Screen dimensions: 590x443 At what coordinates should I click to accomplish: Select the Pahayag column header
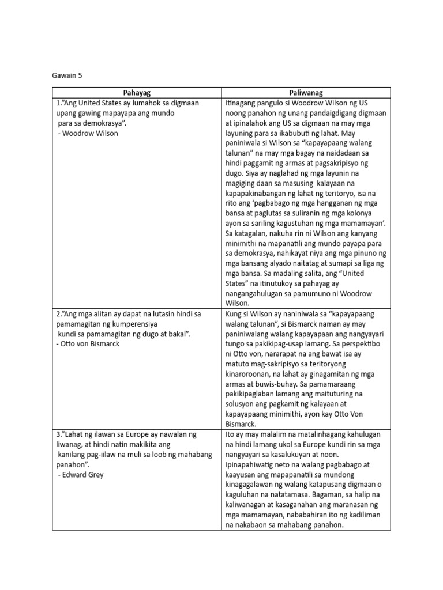pyautogui.click(x=136, y=92)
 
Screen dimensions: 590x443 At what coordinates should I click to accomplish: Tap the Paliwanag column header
pyautogui.click(x=306, y=92)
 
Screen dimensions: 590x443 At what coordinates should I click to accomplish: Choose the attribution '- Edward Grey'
pyautogui.click(x=81, y=475)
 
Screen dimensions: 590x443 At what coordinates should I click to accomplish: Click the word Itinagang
pyautogui.click(x=246, y=103)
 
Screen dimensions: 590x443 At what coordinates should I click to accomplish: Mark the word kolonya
pyautogui.click(x=371, y=214)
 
